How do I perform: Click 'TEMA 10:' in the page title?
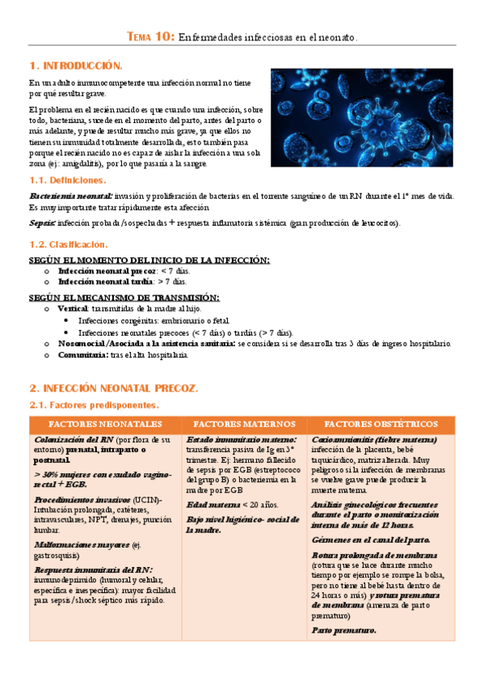coord(150,37)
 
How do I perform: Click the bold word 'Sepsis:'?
coord(43,223)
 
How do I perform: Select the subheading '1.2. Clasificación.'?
coord(68,243)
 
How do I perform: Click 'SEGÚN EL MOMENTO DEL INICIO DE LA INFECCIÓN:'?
coord(149,260)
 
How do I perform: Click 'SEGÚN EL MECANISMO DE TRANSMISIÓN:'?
coord(124,298)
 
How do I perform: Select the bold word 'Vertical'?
coord(74,308)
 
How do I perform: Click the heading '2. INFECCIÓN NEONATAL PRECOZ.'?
coord(113,389)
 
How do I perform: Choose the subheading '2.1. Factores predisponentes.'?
coord(94,404)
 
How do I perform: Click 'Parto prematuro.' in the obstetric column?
coord(343,631)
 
